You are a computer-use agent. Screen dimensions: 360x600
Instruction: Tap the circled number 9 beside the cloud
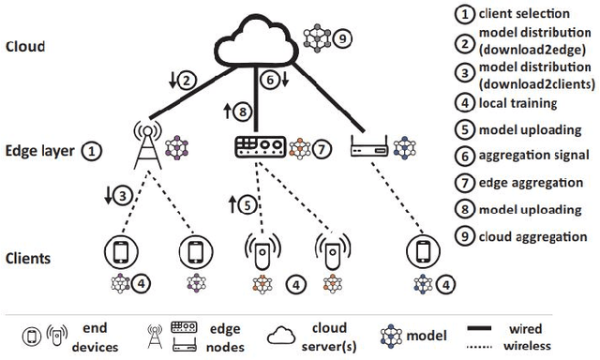(343, 39)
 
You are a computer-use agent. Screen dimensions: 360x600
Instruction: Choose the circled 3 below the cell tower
(121, 198)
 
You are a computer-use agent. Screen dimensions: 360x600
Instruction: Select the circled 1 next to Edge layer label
(92, 149)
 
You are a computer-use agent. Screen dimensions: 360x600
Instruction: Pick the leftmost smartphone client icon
(118, 251)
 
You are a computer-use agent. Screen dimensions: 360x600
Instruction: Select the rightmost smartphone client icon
(424, 251)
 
